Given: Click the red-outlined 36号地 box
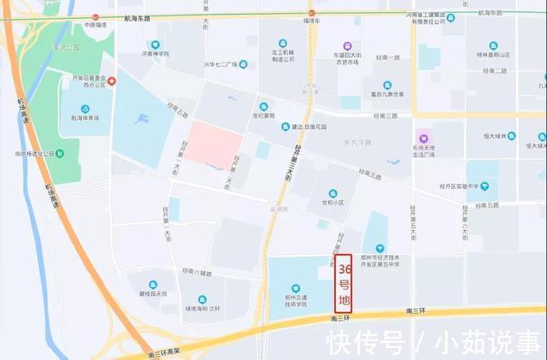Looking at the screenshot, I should click(x=344, y=283).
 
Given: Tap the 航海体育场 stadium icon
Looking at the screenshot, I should click(x=85, y=107).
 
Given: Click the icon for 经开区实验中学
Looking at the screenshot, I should click(x=484, y=186).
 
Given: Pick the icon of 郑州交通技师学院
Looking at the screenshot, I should click(x=296, y=288).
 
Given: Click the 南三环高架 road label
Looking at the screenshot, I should click(x=164, y=352).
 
